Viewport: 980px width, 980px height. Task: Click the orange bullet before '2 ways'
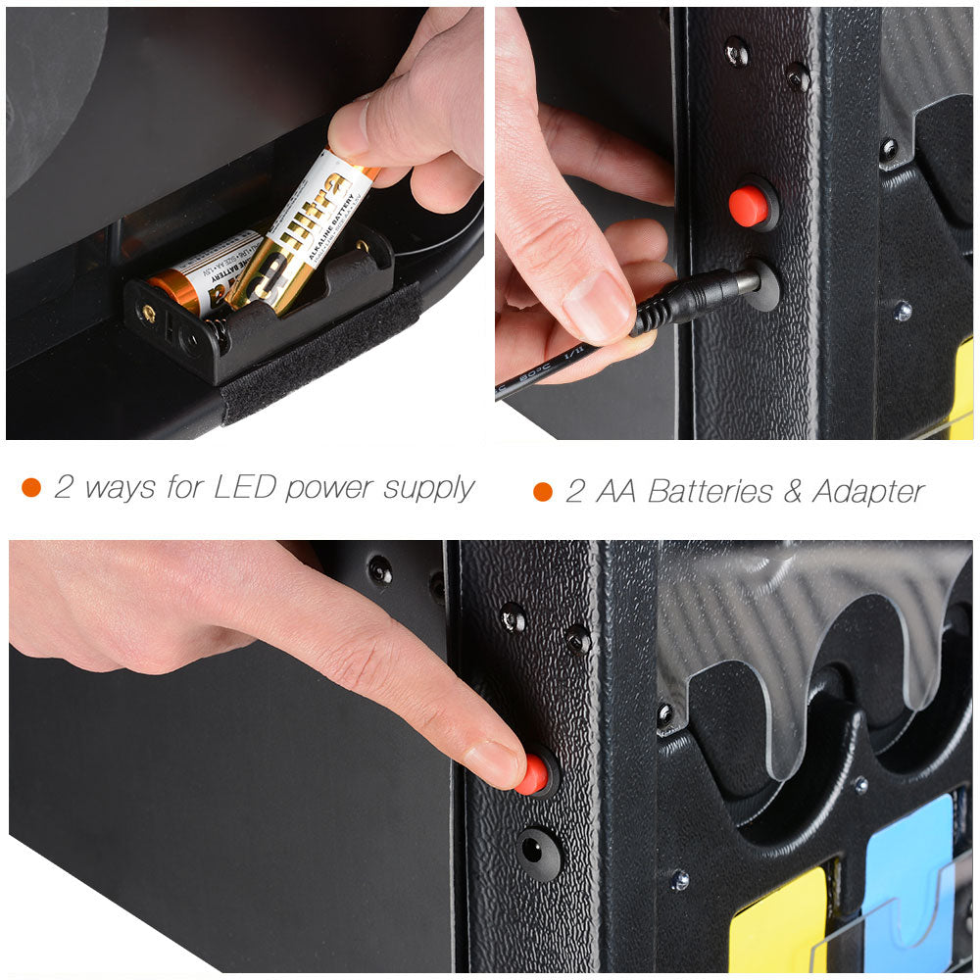tap(31, 488)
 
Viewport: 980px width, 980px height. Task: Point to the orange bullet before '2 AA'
tap(542, 492)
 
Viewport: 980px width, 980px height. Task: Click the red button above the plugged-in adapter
tap(749, 206)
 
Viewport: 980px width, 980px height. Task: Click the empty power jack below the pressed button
tap(535, 850)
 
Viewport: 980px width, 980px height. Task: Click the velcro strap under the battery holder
tap(314, 353)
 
